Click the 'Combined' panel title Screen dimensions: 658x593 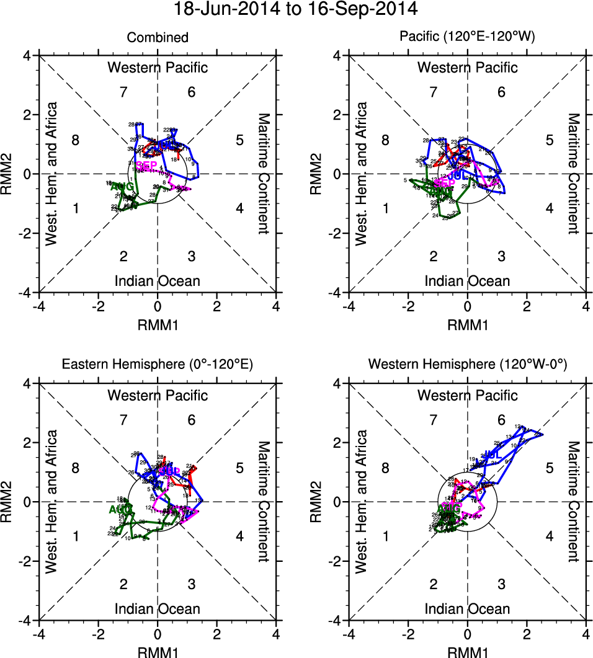click(158, 38)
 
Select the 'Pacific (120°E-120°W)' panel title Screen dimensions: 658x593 click(467, 38)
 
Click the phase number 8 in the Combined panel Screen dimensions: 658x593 click(76, 140)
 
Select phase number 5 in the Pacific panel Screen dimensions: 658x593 click(549, 140)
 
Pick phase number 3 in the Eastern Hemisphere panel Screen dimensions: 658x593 click(192, 584)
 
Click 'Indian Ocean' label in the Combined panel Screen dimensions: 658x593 click(158, 281)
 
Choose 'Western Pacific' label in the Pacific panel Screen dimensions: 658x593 click(467, 67)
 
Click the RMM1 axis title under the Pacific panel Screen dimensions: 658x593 click(467, 324)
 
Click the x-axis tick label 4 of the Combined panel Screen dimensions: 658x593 click(276, 306)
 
